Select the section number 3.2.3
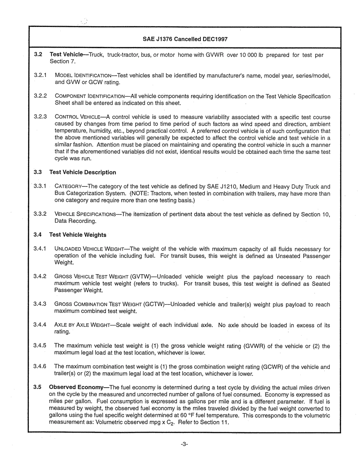pos(40,117)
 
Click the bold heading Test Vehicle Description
pos(83,172)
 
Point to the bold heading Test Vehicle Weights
pos(78,235)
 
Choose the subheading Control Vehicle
pos(80,117)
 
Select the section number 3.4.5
pos(40,346)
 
